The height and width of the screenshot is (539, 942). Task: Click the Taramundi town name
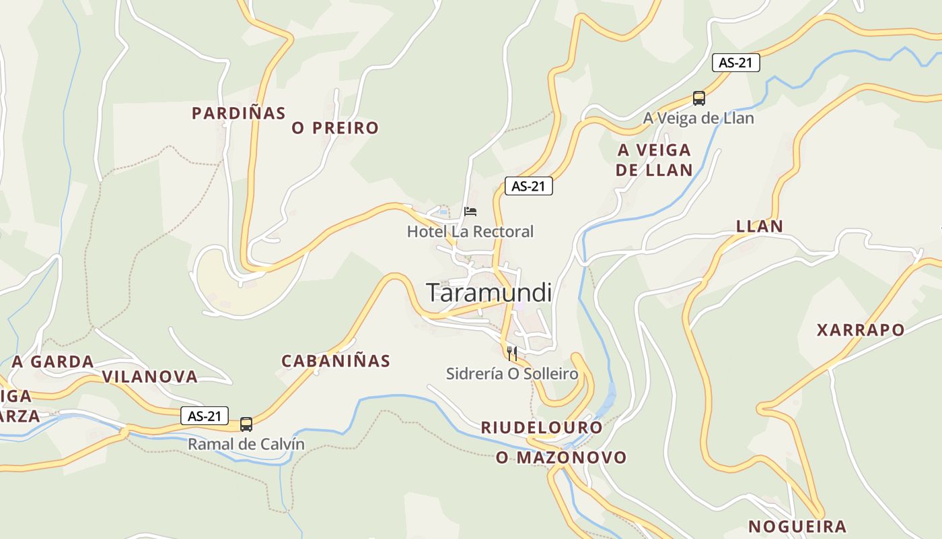click(489, 292)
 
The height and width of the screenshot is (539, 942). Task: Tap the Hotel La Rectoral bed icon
click(470, 212)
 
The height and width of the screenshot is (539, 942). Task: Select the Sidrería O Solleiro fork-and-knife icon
click(512, 353)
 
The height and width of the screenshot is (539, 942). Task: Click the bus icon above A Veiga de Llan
click(699, 98)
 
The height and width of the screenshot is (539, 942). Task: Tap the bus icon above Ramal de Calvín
click(246, 424)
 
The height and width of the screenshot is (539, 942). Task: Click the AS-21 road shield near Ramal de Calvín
click(205, 416)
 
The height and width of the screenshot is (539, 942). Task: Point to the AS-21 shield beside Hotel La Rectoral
click(528, 186)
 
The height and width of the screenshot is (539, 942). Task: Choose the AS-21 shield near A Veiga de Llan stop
click(735, 63)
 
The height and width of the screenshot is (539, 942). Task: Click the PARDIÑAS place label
click(239, 113)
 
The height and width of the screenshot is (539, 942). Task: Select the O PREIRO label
click(335, 128)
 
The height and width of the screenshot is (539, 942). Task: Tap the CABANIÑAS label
click(336, 361)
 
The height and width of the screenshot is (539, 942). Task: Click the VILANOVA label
click(150, 377)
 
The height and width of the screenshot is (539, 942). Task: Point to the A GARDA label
click(53, 362)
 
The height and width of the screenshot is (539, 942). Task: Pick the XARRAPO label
click(861, 330)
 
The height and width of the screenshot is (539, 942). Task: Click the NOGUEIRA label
click(797, 526)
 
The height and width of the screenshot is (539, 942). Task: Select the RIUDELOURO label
click(542, 428)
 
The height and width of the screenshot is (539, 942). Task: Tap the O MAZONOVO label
click(561, 457)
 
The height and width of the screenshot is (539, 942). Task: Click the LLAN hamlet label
click(760, 226)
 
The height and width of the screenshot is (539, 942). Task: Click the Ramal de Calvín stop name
click(246, 444)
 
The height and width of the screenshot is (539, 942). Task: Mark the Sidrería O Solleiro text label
click(512, 373)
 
